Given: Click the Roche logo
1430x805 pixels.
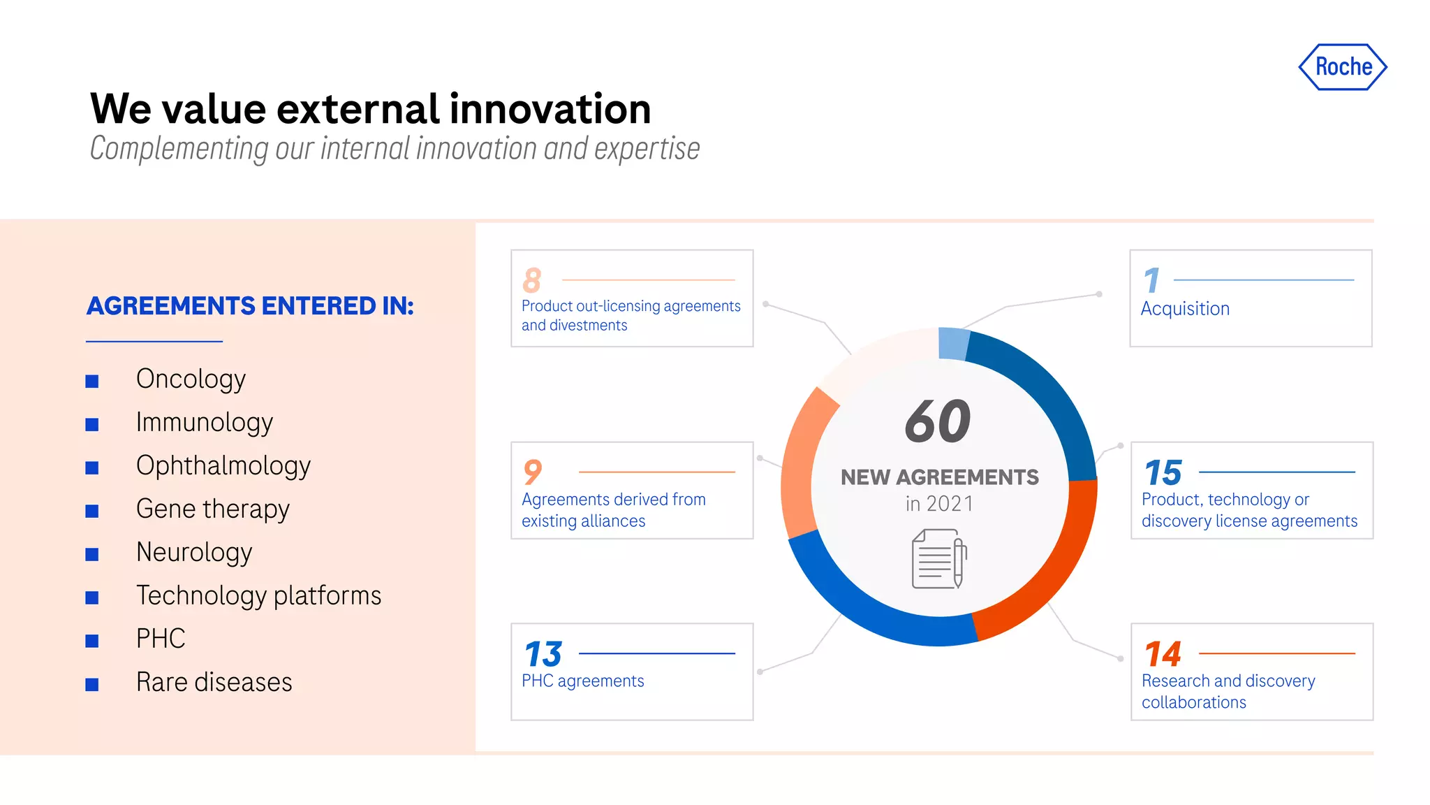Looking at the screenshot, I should (x=1342, y=67).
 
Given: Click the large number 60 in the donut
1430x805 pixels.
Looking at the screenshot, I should (x=938, y=422).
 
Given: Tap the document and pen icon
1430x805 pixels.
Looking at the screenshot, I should (x=939, y=559).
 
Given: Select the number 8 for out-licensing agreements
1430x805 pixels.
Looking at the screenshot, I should (x=531, y=281).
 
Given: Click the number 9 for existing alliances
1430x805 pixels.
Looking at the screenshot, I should (x=532, y=472).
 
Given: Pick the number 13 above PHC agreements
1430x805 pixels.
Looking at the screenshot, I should (x=543, y=655).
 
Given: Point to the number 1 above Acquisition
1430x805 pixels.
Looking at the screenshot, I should (x=1152, y=281).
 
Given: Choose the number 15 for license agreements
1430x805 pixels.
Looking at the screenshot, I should (x=1163, y=473).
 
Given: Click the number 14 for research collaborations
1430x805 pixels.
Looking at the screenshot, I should (x=1163, y=655).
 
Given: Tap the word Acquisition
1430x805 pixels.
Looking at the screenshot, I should (x=1185, y=309).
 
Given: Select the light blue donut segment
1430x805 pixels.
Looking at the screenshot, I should (x=953, y=343).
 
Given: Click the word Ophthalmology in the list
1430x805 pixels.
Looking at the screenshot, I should (x=223, y=466).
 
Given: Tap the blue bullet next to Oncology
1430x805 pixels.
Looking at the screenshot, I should (x=92, y=381).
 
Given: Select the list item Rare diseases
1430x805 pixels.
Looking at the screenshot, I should (x=214, y=683).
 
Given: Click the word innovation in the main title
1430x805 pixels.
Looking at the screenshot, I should (x=550, y=109).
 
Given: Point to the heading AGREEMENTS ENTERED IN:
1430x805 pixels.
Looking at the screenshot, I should (x=250, y=306).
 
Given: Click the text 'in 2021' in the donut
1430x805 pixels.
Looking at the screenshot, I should (x=939, y=504).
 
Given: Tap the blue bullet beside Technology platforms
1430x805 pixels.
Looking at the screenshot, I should (x=92, y=597).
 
